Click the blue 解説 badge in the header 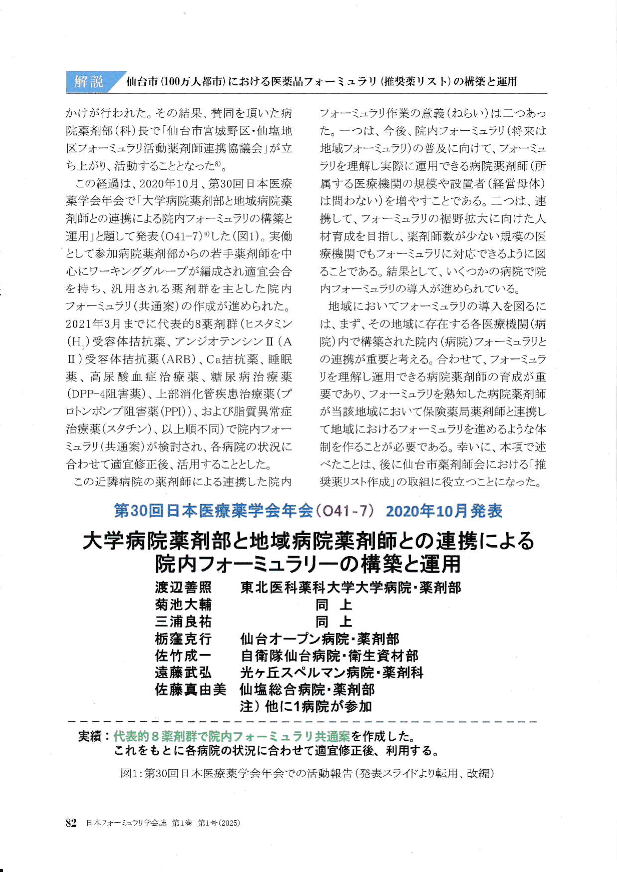pyautogui.click(x=88, y=81)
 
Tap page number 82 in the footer pyautogui.click(x=71, y=823)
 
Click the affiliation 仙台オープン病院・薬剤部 pyautogui.click(x=319, y=639)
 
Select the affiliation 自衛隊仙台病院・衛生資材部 pyautogui.click(x=329, y=656)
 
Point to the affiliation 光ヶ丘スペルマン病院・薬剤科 pyautogui.click(x=332, y=673)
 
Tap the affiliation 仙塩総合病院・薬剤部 pyautogui.click(x=307, y=690)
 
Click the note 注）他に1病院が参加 pyautogui.click(x=306, y=706)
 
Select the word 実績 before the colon pyautogui.click(x=90, y=736)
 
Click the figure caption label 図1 pyautogui.click(x=130, y=774)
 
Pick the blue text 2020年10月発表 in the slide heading pyautogui.click(x=444, y=511)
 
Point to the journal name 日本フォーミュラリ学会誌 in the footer pyautogui.click(x=126, y=823)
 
